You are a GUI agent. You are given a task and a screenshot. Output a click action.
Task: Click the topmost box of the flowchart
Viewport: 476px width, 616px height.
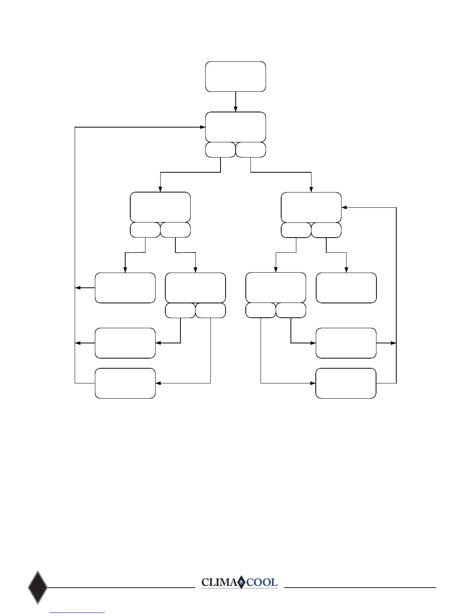tap(236, 77)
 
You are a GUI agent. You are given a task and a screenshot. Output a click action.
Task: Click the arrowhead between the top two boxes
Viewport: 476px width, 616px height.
tap(236, 109)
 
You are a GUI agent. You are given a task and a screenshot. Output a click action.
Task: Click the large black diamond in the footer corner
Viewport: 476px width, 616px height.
tap(38, 587)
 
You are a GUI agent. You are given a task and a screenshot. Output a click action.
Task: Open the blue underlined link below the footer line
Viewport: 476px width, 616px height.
tap(77, 612)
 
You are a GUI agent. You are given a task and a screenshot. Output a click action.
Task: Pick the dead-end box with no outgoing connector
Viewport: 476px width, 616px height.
tap(346, 288)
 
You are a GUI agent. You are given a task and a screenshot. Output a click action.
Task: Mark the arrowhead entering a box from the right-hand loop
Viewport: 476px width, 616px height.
tap(344, 208)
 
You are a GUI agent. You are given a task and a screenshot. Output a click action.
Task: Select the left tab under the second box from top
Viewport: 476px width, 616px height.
tap(220, 150)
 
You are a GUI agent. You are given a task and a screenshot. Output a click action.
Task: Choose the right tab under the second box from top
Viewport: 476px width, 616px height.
tap(251, 150)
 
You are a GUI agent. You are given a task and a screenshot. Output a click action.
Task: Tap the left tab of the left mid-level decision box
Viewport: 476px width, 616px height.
tap(145, 230)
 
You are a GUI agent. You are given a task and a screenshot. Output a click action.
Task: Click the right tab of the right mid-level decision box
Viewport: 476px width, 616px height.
tap(326, 230)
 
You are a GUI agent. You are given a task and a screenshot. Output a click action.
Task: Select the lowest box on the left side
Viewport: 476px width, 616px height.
tap(125, 383)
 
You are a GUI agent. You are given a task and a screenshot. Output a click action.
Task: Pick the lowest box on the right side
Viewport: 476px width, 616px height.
tap(346, 383)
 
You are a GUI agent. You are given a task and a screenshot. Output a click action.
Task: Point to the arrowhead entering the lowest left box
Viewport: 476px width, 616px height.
tap(158, 383)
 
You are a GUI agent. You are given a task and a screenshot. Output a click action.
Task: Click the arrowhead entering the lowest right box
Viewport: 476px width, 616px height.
tap(313, 383)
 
